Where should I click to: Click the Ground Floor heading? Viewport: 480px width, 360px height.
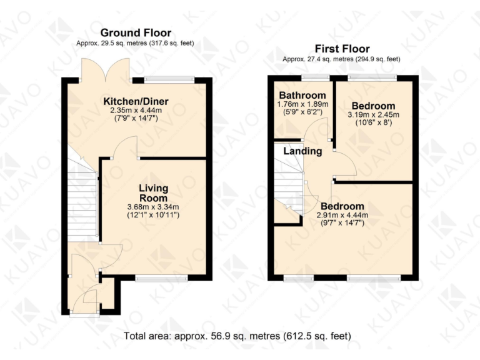point(136,32)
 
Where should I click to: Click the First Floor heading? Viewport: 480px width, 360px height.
point(343,49)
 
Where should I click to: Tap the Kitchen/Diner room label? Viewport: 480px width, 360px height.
point(136,101)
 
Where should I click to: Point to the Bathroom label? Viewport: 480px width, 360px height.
point(302,95)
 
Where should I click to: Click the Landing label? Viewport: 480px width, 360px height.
point(302,151)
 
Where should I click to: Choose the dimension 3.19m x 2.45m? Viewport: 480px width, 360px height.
point(373,115)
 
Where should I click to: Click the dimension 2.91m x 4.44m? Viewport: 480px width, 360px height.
point(342,215)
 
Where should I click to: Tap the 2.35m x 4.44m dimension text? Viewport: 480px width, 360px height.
point(136,110)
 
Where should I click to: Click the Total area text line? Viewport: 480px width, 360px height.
point(238,336)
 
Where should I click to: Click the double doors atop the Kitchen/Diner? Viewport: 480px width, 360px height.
point(106,70)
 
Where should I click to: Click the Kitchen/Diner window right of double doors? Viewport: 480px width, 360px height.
point(170,79)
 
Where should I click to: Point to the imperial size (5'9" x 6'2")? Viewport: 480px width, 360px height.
point(302,112)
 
